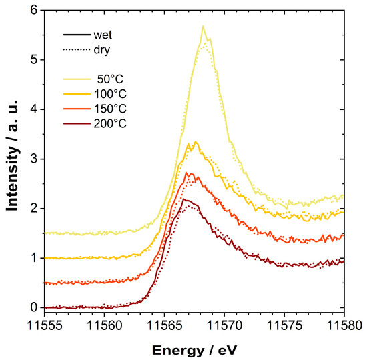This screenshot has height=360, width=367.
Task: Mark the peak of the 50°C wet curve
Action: [203, 26]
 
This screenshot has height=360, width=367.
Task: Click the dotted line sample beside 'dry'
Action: [77, 49]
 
